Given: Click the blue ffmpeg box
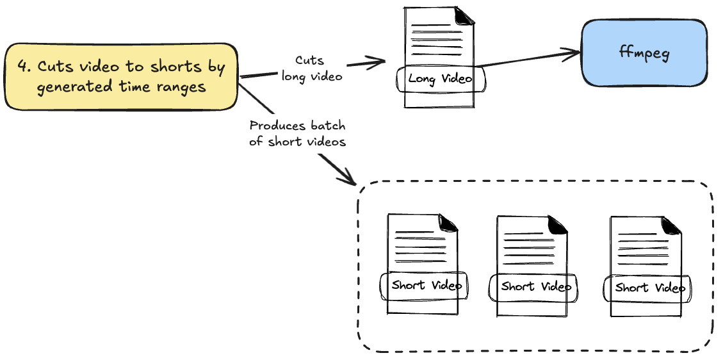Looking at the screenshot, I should (644, 53).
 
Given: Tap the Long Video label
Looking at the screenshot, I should (441, 79).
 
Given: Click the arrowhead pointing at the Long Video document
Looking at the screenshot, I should (378, 61).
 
